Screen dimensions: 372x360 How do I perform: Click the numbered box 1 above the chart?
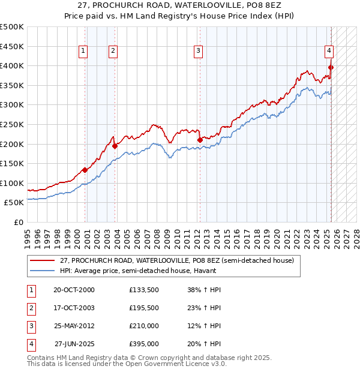coord(83,51)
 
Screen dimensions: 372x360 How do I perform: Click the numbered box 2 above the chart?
coord(113,51)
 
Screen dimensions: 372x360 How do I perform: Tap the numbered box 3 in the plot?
coord(197,51)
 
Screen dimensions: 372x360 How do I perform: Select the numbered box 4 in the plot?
coord(329,51)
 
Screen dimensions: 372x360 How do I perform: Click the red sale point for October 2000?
coord(85,170)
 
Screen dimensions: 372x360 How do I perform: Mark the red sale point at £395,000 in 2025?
coord(331,67)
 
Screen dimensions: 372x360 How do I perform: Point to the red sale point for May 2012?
coord(200,140)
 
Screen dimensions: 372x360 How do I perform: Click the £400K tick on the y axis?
coord(12,65)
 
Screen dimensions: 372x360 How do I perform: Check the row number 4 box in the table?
coord(31,344)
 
